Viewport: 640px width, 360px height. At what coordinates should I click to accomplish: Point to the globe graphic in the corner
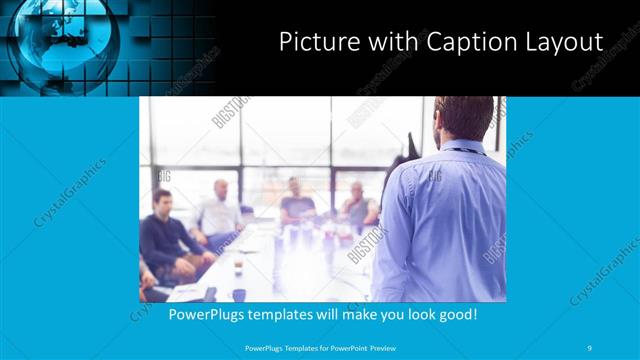point(65,40)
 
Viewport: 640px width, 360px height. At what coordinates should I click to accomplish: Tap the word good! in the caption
point(455,314)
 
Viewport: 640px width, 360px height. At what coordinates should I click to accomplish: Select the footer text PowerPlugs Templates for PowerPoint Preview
point(318,347)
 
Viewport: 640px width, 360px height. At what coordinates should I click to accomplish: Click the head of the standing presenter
point(461,115)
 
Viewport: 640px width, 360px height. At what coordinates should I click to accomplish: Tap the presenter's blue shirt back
point(440,220)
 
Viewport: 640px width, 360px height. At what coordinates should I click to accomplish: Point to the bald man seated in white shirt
point(219,210)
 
